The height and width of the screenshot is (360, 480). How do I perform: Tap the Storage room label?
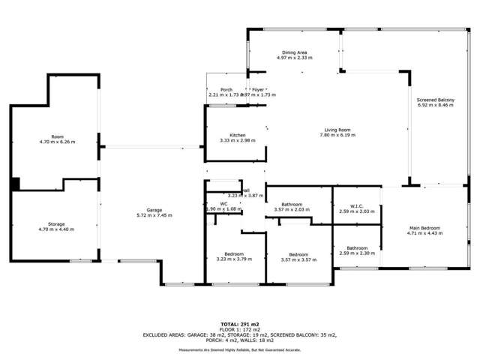(56, 224)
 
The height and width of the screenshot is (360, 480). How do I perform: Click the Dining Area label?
(294, 52)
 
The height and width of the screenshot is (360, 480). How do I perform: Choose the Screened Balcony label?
(436, 100)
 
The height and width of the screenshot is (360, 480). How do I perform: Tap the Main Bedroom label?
(424, 228)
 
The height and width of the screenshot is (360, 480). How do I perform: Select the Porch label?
(226, 90)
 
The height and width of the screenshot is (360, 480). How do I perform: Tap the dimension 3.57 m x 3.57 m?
(299, 259)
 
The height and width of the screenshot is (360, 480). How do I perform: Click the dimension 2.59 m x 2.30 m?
(357, 253)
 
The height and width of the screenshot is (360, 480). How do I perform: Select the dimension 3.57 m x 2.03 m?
(292, 210)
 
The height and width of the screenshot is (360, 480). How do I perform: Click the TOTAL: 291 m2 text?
(241, 322)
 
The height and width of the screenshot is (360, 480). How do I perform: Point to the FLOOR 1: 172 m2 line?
(241, 328)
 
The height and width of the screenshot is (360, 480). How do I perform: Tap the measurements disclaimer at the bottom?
(241, 350)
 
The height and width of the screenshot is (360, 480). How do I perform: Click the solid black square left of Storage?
(15, 184)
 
